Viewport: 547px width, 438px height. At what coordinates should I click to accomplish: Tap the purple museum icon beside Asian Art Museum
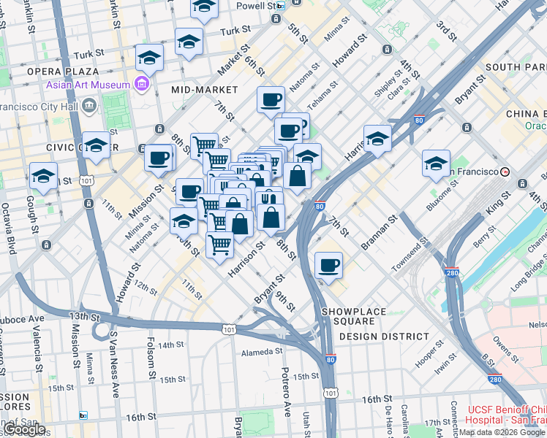(142, 85)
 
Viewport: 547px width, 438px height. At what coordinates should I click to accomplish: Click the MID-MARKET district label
(205, 89)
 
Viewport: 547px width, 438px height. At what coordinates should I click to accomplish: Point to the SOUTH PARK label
(512, 67)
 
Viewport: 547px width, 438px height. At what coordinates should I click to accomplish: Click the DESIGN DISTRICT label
(384, 337)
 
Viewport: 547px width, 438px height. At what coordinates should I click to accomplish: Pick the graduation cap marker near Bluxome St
(435, 164)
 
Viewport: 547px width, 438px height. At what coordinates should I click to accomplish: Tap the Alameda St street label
(262, 352)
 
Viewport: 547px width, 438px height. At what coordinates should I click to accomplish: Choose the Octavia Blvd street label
(12, 226)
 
